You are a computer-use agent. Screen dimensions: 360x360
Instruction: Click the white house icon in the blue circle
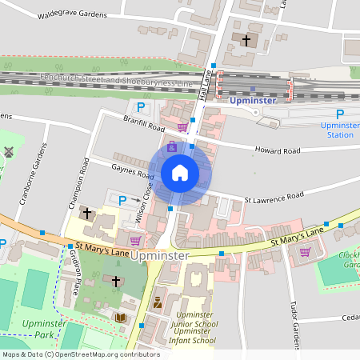click(180, 172)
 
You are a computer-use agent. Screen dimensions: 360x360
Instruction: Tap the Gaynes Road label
click(134, 171)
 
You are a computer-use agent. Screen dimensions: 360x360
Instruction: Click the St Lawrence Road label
click(274, 195)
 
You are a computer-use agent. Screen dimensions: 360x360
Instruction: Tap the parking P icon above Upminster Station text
click(340, 115)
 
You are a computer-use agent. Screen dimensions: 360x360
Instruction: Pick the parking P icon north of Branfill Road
click(142, 107)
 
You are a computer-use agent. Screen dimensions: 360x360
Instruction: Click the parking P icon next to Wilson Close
click(122, 200)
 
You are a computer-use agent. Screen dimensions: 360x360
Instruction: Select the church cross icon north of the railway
click(246, 39)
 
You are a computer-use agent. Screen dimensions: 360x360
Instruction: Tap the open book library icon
click(121, 318)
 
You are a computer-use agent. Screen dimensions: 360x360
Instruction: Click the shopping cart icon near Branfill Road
click(182, 126)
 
